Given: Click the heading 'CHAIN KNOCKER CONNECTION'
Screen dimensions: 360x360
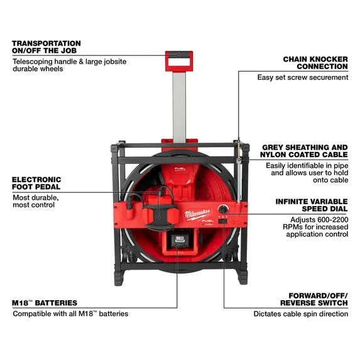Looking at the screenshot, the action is pyautogui.click(x=315, y=63).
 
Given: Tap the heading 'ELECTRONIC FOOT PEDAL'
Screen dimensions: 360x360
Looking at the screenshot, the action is pyautogui.click(x=36, y=183).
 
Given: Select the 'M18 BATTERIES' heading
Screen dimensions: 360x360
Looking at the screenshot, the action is pyautogui.click(x=45, y=303).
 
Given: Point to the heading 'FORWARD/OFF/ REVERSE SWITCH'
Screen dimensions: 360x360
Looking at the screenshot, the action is pyautogui.click(x=314, y=299).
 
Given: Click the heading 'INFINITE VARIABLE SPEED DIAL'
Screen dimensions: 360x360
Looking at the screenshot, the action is pyautogui.click(x=312, y=205).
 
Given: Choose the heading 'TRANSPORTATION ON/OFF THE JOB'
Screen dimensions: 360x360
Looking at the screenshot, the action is pyautogui.click(x=46, y=47).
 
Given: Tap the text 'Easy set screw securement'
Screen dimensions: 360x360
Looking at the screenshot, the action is pyautogui.click(x=303, y=77).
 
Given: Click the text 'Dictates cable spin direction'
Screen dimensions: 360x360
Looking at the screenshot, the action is pyautogui.click(x=301, y=314).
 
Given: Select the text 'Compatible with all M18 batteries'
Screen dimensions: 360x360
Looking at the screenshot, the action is pyautogui.click(x=70, y=314).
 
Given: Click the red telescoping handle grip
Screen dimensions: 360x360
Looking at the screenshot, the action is pyautogui.click(x=179, y=62).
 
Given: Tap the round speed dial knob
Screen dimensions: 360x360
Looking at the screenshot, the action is pyautogui.click(x=222, y=209).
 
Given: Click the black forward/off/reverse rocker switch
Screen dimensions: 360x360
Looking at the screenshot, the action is pyautogui.click(x=223, y=221).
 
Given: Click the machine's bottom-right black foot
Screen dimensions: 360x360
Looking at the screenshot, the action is pyautogui.click(x=242, y=276).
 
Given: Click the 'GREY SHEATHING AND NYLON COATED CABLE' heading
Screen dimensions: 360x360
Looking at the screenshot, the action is pyautogui.click(x=304, y=151).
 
